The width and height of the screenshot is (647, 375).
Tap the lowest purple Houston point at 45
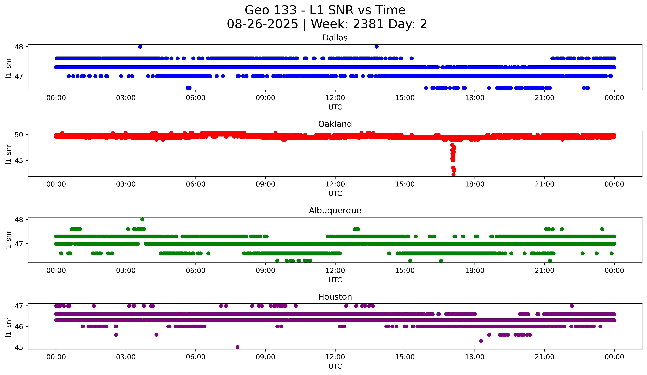click(x=237, y=347)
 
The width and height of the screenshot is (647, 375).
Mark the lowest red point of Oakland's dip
click(x=453, y=174)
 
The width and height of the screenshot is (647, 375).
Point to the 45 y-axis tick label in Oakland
click(x=19, y=160)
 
